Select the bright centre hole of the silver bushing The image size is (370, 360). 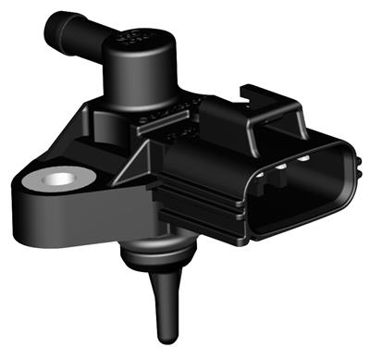click(x=58, y=177)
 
